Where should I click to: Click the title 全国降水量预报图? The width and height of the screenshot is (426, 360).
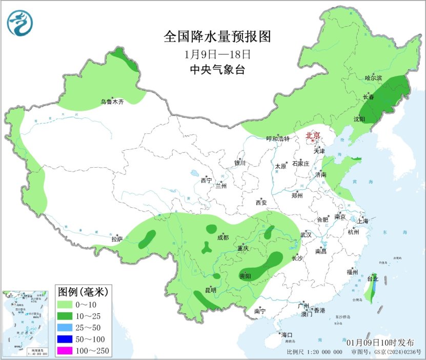pos(217,37)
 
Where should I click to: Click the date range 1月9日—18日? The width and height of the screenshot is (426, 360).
pos(217,54)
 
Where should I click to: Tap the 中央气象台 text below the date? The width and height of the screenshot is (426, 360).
pos(217,70)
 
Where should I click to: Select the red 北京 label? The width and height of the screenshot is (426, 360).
pos(313,135)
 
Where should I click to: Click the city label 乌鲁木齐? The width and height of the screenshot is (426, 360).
pos(112,103)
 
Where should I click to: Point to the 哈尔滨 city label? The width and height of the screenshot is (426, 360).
pos(374,78)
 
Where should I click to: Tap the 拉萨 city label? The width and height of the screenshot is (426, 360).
pos(117,238)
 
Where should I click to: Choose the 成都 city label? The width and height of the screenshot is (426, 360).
pos(223,237)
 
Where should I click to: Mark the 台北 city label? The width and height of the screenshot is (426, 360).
pos(372,279)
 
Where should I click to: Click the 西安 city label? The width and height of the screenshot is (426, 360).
pos(261,203)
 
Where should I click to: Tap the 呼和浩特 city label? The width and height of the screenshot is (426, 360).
pos(278,139)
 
